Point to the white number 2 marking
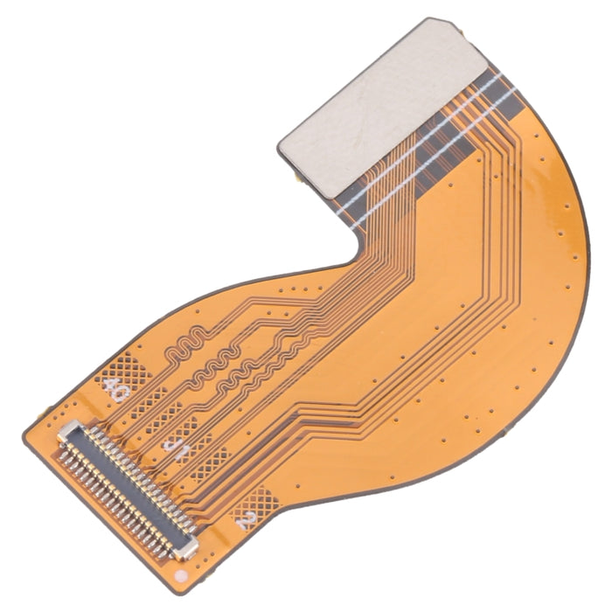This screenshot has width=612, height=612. pos(247,523)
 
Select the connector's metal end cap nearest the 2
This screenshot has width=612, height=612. pos(184,547)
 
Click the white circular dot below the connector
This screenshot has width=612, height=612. pos(180,578)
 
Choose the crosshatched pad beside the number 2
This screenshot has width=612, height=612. pos(260,500)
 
